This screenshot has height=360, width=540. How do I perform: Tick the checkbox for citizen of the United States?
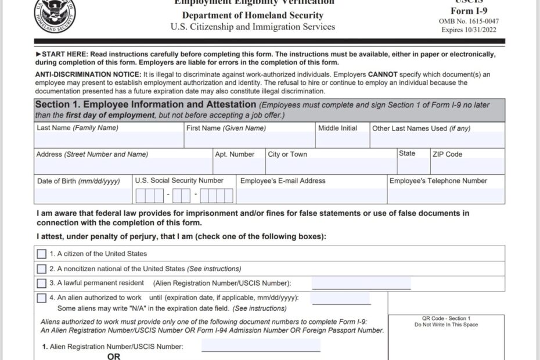click(42, 254)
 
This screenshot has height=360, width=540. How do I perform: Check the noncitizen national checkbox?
click(42, 269)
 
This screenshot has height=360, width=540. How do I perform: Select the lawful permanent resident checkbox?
click(42, 283)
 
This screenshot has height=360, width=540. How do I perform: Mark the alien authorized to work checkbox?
click(42, 298)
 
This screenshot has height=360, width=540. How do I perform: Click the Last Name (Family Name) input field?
click(108, 140)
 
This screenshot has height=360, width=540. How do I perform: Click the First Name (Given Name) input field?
click(249, 140)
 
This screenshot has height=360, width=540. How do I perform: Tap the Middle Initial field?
click(342, 140)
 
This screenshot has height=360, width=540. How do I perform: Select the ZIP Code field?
click(467, 166)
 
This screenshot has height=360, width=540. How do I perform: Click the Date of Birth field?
click(82, 195)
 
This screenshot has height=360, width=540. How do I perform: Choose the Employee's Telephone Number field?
click(445, 195)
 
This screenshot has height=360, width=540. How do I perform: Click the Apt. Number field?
click(239, 166)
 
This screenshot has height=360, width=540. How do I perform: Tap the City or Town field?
click(330, 166)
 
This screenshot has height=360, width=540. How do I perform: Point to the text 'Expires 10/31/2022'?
click(469, 30)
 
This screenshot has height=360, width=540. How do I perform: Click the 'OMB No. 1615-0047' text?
click(469, 21)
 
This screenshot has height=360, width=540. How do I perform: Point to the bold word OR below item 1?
click(114, 356)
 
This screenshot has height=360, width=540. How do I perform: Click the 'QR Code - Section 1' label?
click(446, 318)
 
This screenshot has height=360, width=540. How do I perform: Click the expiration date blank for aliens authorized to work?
click(340, 298)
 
